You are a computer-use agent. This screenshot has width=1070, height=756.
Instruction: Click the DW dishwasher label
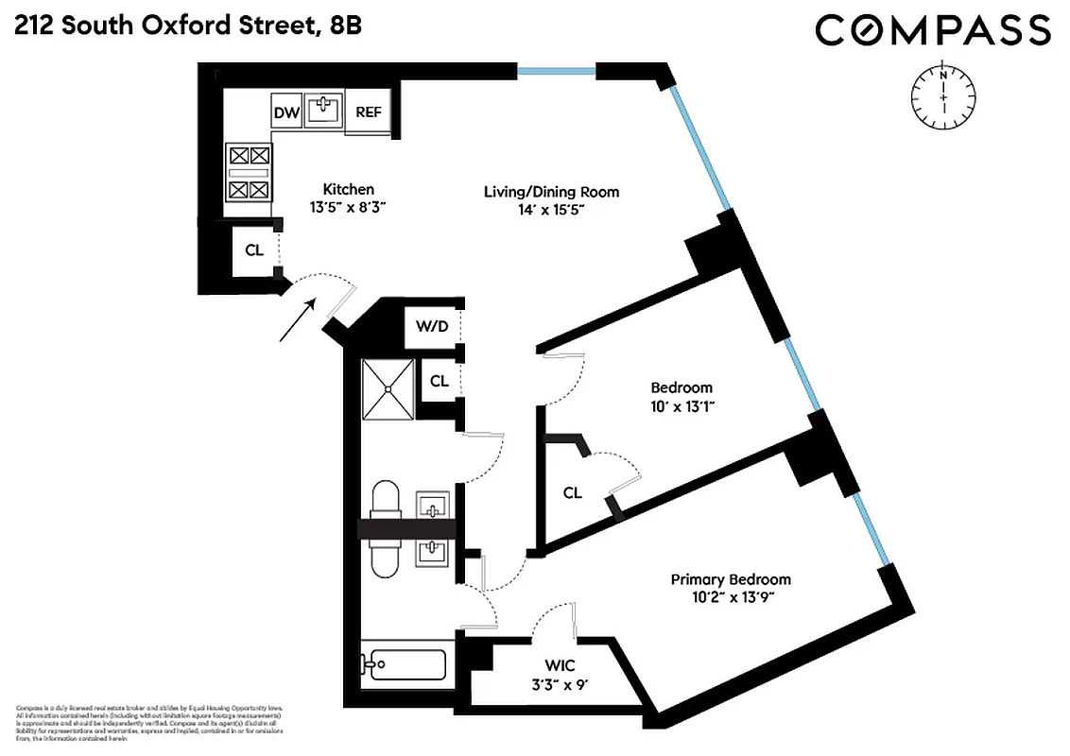[x=286, y=113]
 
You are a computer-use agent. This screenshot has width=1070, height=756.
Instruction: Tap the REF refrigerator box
[x=368, y=112]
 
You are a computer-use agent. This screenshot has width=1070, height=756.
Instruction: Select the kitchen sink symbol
[x=323, y=110]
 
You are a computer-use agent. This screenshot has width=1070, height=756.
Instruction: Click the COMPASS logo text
[x=932, y=30]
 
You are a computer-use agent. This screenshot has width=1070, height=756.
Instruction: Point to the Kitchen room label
[x=348, y=189]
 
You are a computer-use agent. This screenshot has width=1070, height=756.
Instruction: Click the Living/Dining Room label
[x=551, y=192]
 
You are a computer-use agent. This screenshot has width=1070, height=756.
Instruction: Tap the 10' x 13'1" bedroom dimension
[x=681, y=407]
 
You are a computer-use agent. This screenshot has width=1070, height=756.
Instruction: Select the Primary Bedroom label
[x=731, y=579]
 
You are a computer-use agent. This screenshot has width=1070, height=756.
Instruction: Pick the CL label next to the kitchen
[x=253, y=251]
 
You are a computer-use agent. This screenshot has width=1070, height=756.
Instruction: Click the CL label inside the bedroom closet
[x=572, y=492]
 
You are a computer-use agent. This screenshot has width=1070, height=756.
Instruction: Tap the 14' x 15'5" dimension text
[x=551, y=213]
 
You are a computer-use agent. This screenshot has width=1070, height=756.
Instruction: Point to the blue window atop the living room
[x=556, y=71]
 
